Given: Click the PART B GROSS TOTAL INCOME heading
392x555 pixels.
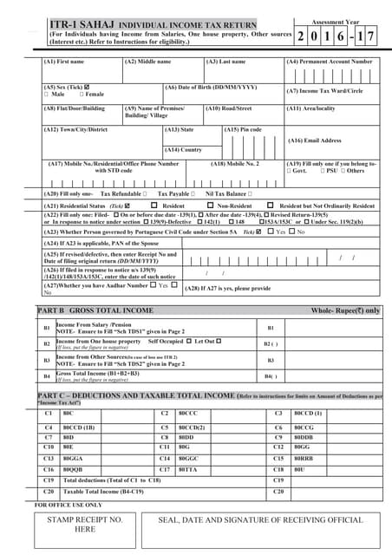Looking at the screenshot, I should (95, 310).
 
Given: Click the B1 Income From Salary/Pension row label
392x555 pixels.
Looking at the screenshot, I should (104, 328).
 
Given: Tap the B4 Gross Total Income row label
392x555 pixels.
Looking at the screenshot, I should (104, 375).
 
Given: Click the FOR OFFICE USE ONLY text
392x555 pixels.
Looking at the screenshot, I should (69, 504).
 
